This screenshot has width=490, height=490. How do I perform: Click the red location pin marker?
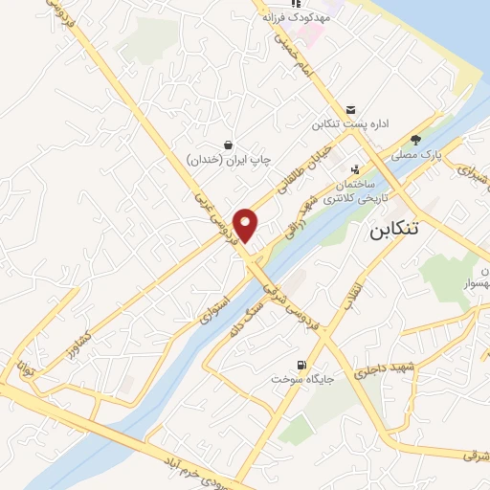click(x=247, y=225)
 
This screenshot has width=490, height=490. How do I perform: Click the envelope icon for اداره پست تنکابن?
click(x=352, y=110)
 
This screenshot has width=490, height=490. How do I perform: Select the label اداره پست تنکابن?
click(x=352, y=125)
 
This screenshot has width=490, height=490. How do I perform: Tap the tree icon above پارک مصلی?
click(x=415, y=139)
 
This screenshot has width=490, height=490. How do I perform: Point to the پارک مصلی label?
click(x=414, y=153)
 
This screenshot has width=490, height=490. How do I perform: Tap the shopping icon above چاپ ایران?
click(x=228, y=145)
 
